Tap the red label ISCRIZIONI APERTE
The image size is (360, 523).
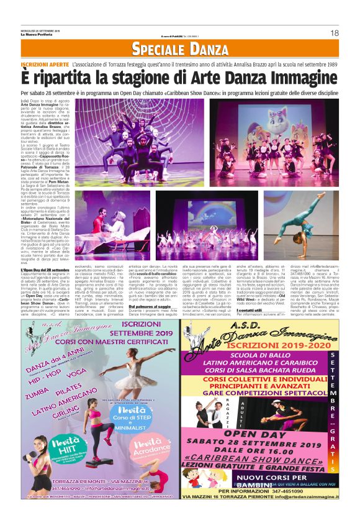coord(45,65)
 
